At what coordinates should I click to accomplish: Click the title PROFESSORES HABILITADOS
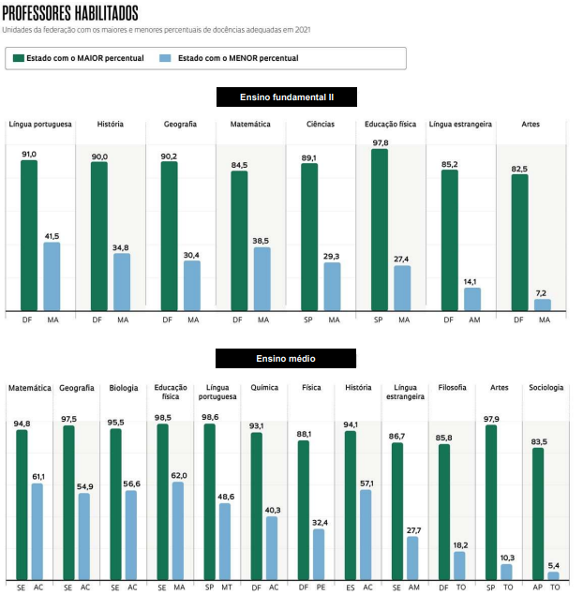pos(70,13)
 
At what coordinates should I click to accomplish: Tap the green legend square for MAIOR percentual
pos(18,58)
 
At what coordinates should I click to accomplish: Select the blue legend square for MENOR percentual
pos(165,58)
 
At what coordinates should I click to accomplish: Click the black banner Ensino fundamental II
pos(287,97)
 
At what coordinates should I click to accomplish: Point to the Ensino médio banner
pos(286,359)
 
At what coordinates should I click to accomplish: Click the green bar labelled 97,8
pos(380,230)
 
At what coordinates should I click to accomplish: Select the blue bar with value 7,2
pos(543,305)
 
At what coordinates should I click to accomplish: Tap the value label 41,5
pos(52,236)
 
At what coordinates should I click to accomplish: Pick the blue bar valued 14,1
pos(472,300)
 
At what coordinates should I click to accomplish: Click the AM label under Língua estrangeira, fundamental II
pos(474,320)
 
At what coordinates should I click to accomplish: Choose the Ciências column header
pos(321,124)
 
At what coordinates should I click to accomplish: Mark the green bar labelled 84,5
pos(239,241)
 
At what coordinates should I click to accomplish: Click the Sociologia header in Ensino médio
pos(546,387)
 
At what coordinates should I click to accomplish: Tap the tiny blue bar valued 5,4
pos(553,575)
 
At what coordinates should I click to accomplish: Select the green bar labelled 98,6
pos(210,501)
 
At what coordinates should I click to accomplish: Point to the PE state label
pos(321,588)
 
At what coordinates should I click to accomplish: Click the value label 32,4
pos(320,523)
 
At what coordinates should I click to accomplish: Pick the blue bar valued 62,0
pos(178,531)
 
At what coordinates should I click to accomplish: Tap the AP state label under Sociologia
pos(537,588)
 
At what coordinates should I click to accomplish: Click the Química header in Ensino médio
pos(264,387)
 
